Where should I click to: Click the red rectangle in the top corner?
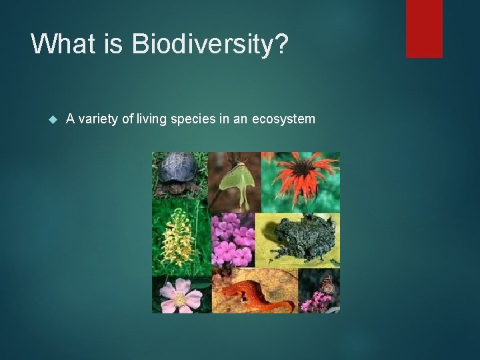pyautogui.click(x=425, y=29)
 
